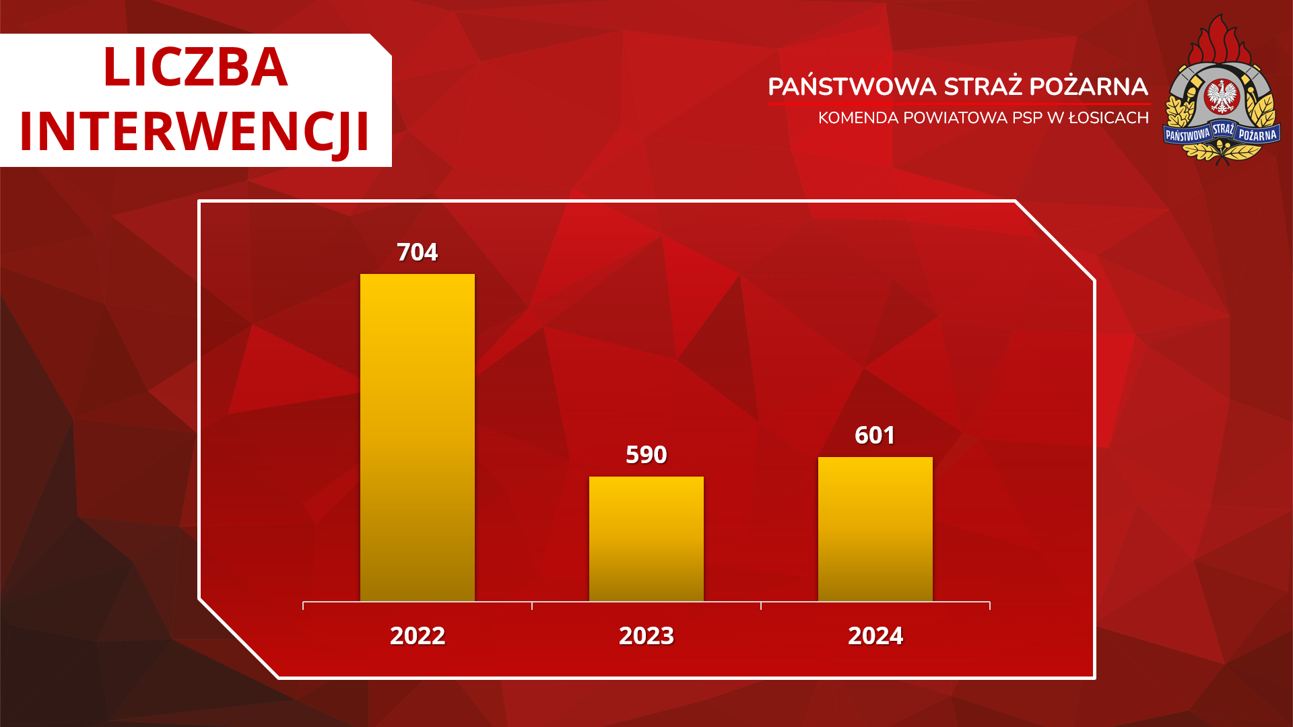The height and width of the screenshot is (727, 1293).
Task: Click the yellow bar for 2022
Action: coord(418,438)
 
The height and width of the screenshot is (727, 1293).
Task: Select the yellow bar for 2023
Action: coord(646,539)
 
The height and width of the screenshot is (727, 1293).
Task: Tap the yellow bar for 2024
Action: coord(875,529)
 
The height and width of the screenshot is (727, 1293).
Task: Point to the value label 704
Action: coord(418,252)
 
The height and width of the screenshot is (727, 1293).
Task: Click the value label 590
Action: coord(646,455)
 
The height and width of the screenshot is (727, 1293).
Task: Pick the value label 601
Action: coord(875,436)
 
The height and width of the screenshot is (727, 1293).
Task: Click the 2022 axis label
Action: coord(418,636)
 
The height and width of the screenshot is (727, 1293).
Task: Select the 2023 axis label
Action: coord(646,636)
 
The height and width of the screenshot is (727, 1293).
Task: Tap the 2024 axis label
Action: coord(875,636)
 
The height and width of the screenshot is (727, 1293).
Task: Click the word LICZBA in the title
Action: coord(195,67)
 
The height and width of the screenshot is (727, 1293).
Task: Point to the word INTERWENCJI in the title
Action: coord(195,131)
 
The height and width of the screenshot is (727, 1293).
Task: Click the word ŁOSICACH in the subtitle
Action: coord(1108,117)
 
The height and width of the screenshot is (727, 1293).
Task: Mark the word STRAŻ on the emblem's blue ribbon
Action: coord(1223,129)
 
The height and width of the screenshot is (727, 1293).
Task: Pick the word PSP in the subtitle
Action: coord(1028,118)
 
